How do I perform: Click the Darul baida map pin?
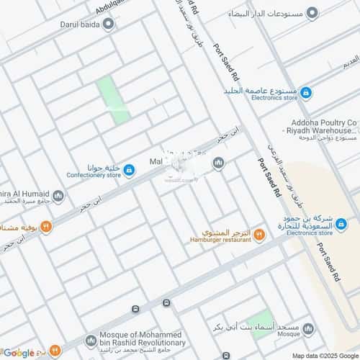point(108,24)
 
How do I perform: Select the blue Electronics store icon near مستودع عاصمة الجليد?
point(305,92)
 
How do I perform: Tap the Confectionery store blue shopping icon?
point(129,170)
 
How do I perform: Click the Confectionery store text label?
point(94,174)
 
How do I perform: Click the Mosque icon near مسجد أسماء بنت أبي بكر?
point(308,328)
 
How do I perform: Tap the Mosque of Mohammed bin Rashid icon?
point(91,340)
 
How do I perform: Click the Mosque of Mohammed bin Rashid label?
point(144,340)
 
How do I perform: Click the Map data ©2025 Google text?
point(324,355)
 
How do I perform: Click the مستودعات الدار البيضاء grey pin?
point(312,14)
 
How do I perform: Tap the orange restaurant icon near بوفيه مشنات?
point(46,227)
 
